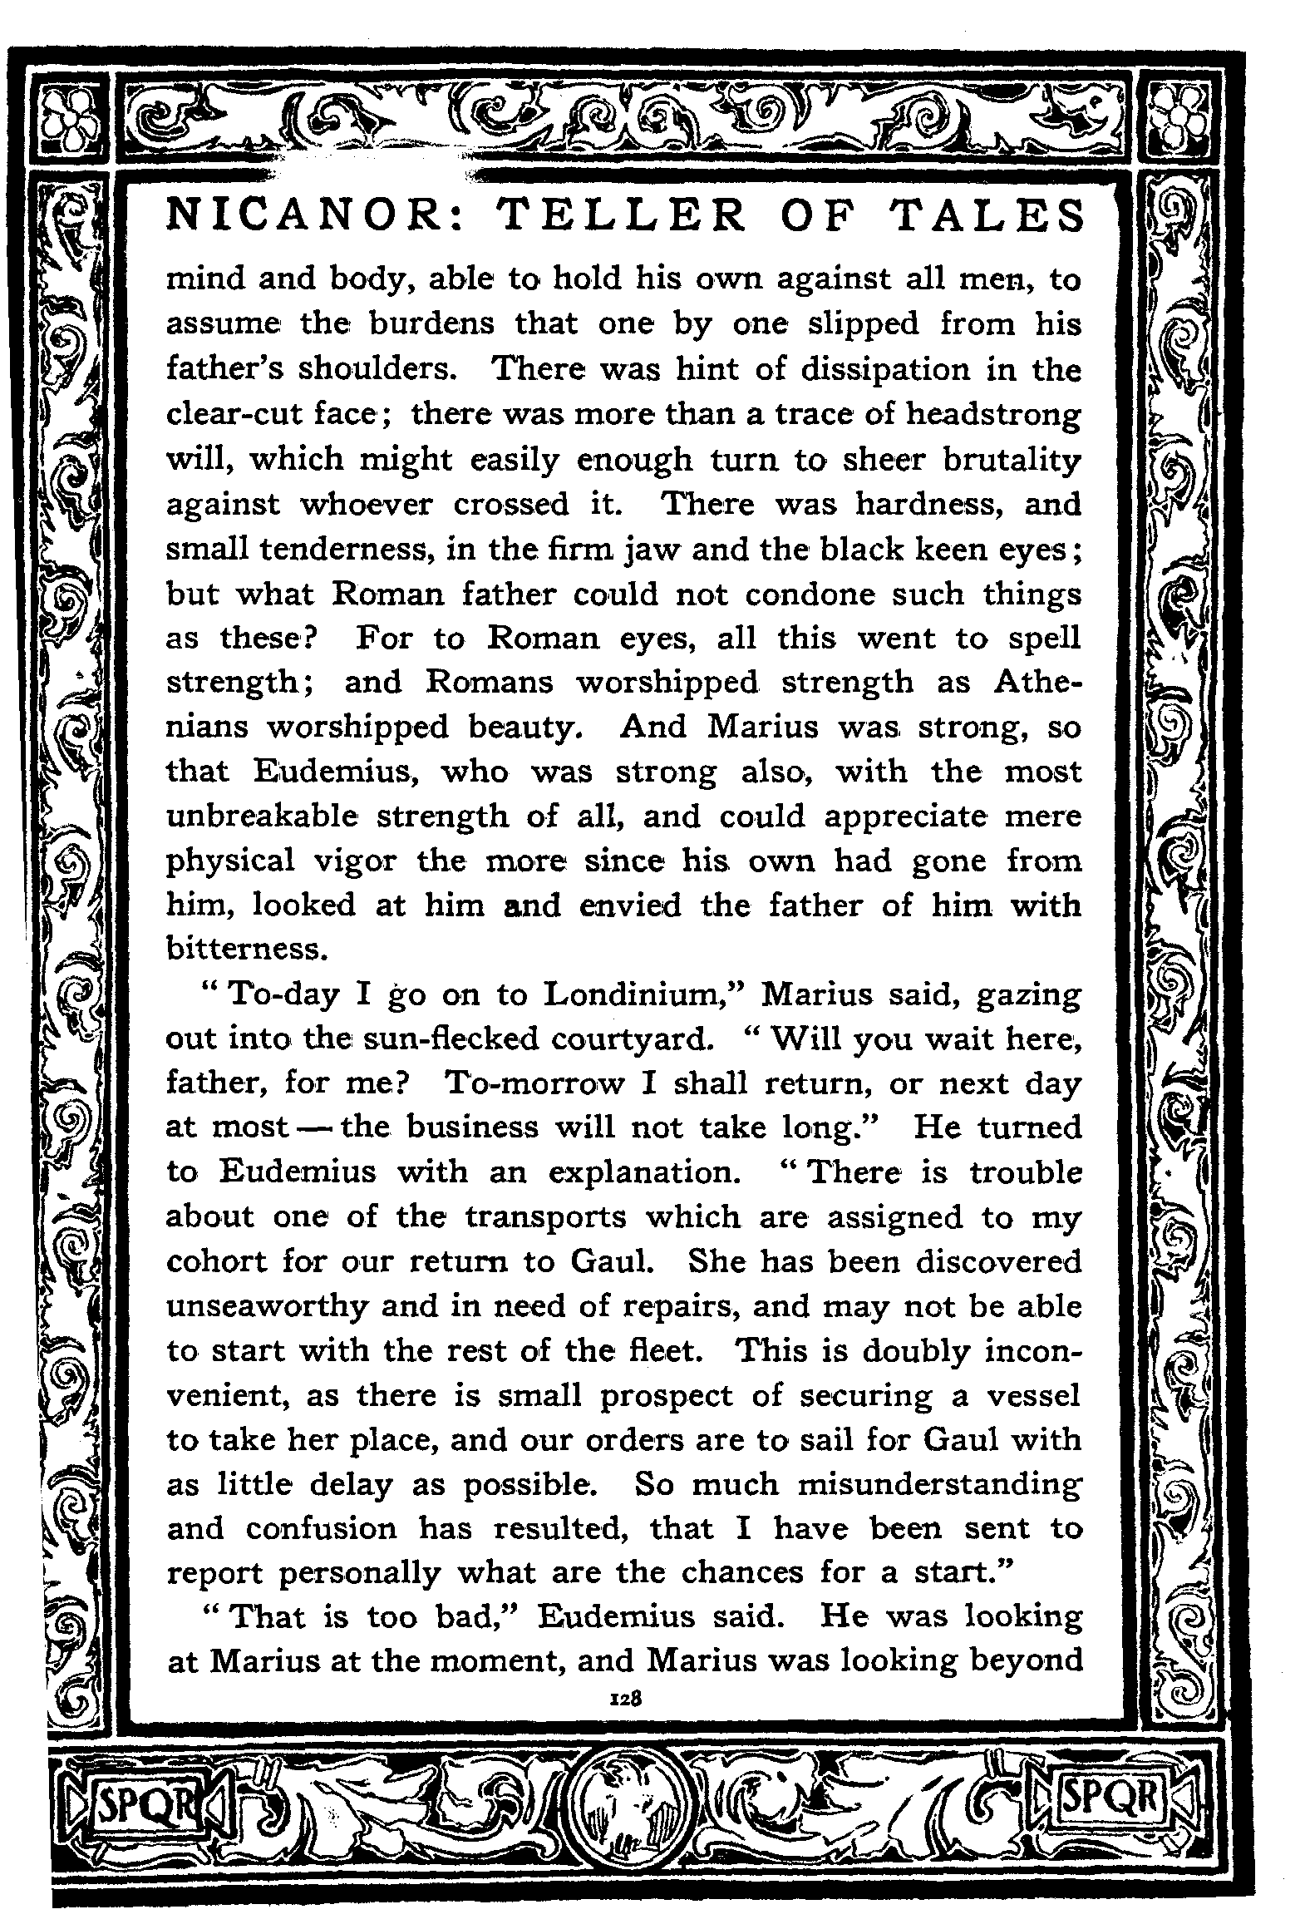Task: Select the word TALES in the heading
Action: [x=988, y=215]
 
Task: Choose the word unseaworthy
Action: [x=267, y=1307]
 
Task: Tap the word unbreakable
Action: [x=262, y=816]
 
